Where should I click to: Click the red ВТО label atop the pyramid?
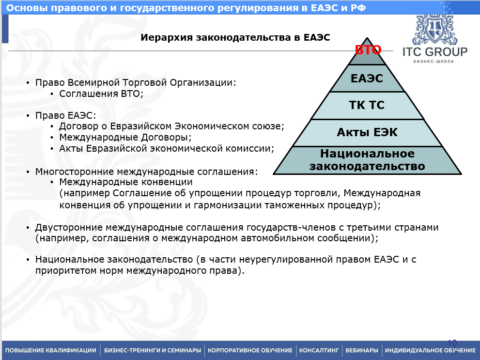368,50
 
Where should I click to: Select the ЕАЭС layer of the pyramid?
367,78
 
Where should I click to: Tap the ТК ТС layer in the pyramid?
367,105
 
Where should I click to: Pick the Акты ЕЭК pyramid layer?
367,132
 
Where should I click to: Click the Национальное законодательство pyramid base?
367,160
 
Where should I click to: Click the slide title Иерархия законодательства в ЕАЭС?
235,37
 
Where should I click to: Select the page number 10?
452,342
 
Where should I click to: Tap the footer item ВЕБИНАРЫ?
361,350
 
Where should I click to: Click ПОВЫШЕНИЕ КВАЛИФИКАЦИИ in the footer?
50,350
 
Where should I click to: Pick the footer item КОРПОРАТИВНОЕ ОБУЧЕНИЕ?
250,350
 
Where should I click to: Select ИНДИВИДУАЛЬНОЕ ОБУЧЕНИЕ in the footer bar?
430,350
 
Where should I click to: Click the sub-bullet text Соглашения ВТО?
101,94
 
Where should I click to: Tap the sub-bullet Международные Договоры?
125,138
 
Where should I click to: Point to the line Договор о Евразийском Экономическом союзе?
171,126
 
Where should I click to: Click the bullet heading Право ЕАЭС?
65,116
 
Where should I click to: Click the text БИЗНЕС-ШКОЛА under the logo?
434,61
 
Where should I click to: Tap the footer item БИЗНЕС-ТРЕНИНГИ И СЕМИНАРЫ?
153,350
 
